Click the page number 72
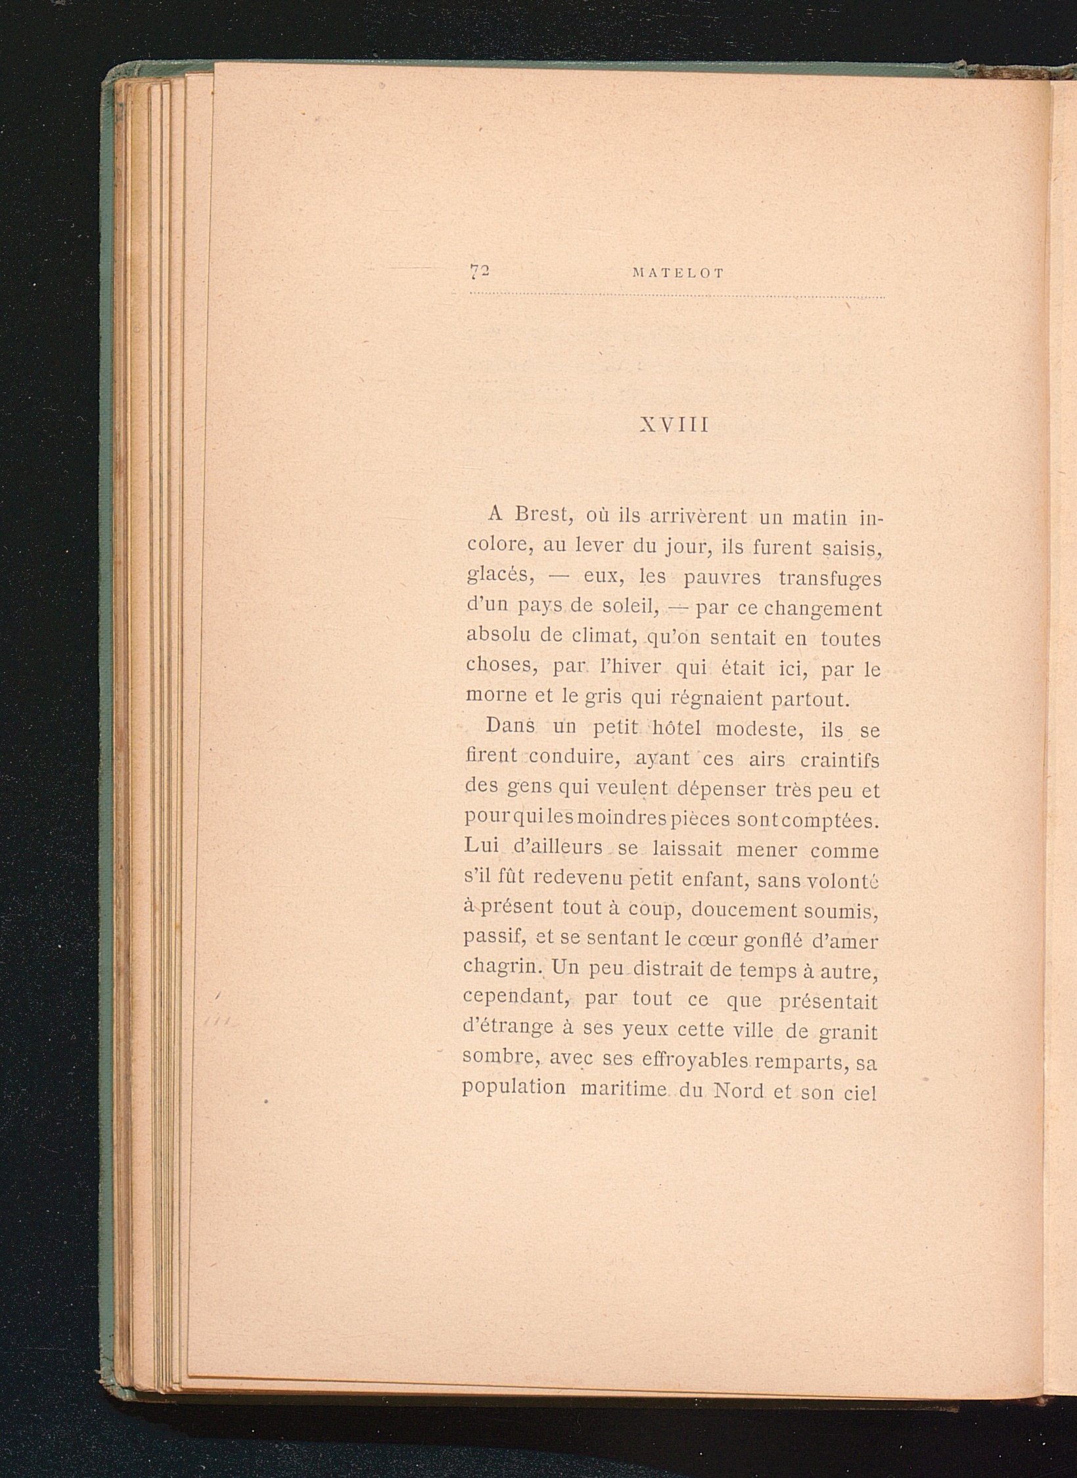coord(481,271)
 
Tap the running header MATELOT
coord(677,274)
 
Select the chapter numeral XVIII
coord(674,426)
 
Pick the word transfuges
coord(830,579)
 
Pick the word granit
coord(847,1032)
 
